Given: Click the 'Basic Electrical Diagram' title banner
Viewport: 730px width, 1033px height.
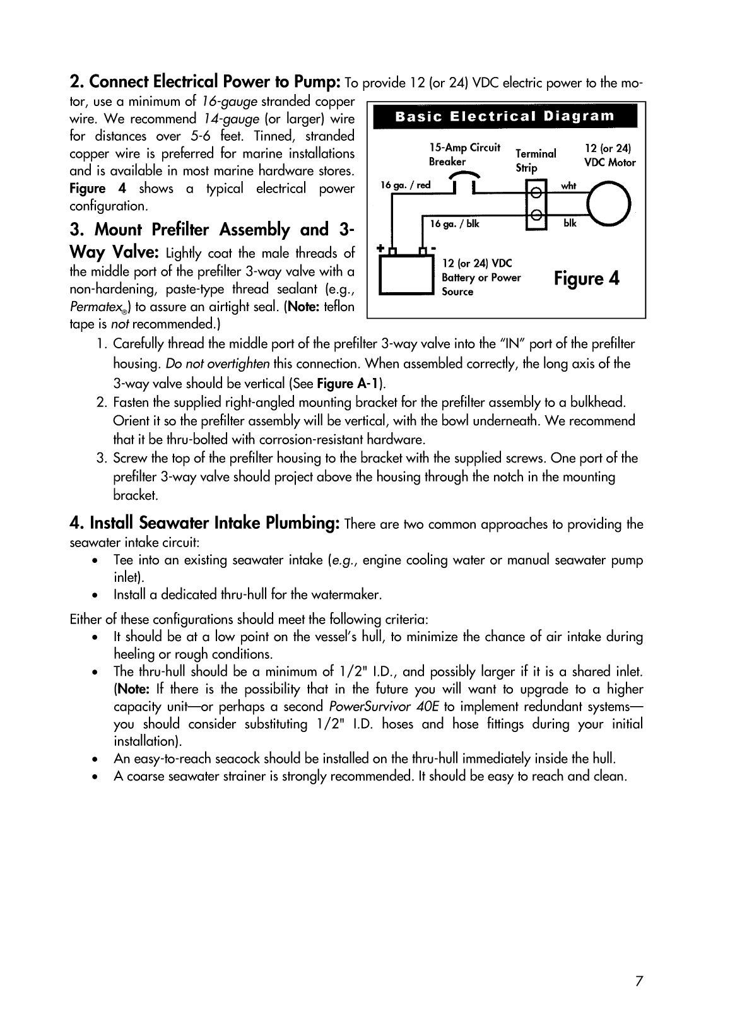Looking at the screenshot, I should (x=505, y=117).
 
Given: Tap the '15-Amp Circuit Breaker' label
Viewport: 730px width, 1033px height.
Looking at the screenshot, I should (x=464, y=155).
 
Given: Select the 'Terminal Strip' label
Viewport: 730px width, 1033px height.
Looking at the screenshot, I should (x=535, y=160).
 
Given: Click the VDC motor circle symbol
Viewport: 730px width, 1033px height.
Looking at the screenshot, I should (x=608, y=203).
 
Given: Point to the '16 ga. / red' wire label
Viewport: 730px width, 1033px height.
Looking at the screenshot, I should (x=406, y=185).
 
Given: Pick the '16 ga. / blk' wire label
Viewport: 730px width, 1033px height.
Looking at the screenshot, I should (x=454, y=223).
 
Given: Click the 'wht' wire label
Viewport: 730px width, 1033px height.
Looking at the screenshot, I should (x=568, y=186).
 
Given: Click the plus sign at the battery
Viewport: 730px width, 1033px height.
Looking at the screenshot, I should (x=380, y=248).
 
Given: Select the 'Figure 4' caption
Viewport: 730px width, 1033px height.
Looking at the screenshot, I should (x=587, y=278).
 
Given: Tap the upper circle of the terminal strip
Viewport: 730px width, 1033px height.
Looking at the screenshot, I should (x=536, y=192).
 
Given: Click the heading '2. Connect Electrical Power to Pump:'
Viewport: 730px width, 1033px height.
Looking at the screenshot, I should (x=206, y=82).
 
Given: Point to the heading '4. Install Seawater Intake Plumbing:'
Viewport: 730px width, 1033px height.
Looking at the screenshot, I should (x=206, y=523).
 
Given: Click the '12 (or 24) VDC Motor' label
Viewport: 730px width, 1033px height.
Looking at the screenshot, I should (x=609, y=155).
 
